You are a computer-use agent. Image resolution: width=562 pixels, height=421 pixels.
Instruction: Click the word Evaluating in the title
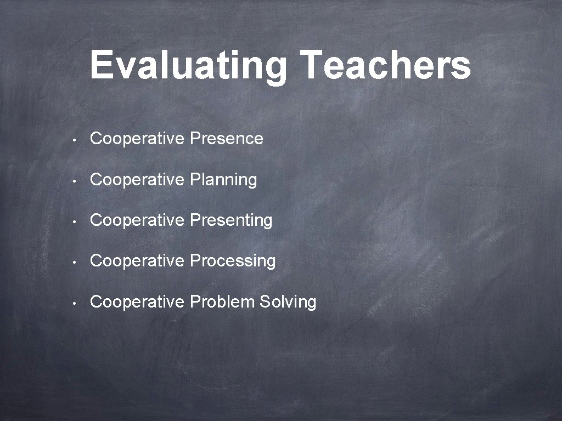pos(188,66)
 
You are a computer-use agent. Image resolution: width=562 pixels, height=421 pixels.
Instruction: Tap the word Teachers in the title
pos(386,65)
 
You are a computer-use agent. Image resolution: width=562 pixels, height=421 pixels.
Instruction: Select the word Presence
pos(226,139)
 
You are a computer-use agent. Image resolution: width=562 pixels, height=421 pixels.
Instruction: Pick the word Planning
pos(223,180)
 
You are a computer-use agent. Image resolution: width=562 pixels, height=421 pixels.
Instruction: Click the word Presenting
pos(231,220)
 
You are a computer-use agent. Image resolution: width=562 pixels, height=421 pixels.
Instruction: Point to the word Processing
pos(232,261)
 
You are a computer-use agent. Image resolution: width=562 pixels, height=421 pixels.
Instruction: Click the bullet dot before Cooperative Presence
pos(74,140)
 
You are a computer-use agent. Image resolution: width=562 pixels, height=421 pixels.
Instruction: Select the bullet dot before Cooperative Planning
pos(74,181)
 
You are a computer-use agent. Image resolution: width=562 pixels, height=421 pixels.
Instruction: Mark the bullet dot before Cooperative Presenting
pos(74,221)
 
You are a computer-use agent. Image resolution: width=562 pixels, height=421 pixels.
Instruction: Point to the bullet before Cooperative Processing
pos(74,262)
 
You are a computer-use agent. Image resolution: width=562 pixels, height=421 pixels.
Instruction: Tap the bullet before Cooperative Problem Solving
pos(74,303)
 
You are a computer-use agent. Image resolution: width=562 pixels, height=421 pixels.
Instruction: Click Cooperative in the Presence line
pos(137,139)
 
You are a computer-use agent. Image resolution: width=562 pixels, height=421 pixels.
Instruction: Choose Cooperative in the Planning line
pos(137,180)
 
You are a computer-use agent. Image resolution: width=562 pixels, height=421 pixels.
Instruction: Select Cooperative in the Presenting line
pos(137,220)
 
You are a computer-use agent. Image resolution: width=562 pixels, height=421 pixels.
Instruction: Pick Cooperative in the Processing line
pos(137,261)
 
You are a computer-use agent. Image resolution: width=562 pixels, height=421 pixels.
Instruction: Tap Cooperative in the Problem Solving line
pos(137,302)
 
